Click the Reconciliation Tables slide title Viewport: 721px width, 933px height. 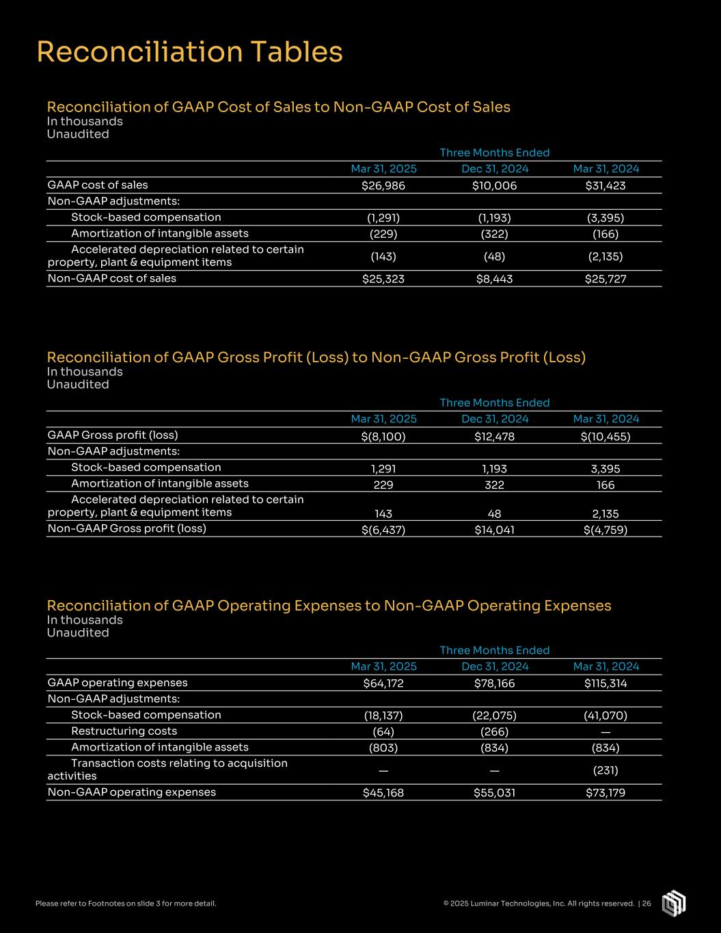pos(189,52)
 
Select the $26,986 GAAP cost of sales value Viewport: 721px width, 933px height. pos(383,186)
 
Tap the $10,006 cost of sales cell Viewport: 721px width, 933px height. pos(494,186)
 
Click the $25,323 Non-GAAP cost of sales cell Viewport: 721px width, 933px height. pos(383,279)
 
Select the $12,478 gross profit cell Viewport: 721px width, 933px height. pos(494,436)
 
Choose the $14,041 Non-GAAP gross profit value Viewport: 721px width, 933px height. pos(494,529)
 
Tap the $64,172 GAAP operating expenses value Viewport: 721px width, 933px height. pos(383,684)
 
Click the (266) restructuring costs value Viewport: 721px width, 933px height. pos(494,731)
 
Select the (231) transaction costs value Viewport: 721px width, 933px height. pos(605,770)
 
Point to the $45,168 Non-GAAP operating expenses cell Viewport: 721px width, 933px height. pos(383,793)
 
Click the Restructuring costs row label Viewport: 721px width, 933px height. pos(124,731)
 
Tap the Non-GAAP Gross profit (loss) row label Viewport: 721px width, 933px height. pos(126,528)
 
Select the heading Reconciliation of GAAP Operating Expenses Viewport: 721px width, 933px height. pos(329,606)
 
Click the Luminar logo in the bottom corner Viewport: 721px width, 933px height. pos(673,903)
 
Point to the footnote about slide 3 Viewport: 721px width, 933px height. pos(126,904)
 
